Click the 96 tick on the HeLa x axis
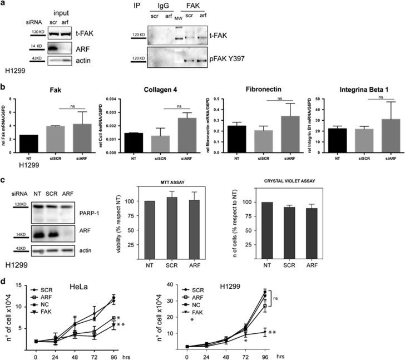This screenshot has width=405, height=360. (x=113, y=353)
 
